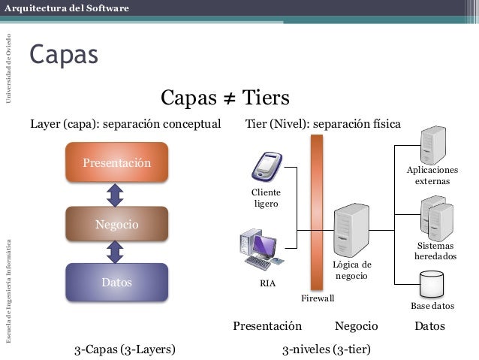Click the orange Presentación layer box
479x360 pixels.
click(116, 162)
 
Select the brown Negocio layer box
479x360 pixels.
click(116, 223)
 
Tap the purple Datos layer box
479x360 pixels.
click(116, 283)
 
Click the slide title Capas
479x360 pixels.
click(64, 55)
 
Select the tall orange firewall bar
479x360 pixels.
click(317, 211)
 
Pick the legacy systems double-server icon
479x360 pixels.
click(436, 217)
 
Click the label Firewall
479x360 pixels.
click(318, 298)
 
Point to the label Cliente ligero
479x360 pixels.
click(266, 198)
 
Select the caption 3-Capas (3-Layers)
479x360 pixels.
click(125, 349)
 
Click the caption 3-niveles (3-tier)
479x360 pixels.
click(327, 349)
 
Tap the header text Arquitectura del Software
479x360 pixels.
click(66, 8)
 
